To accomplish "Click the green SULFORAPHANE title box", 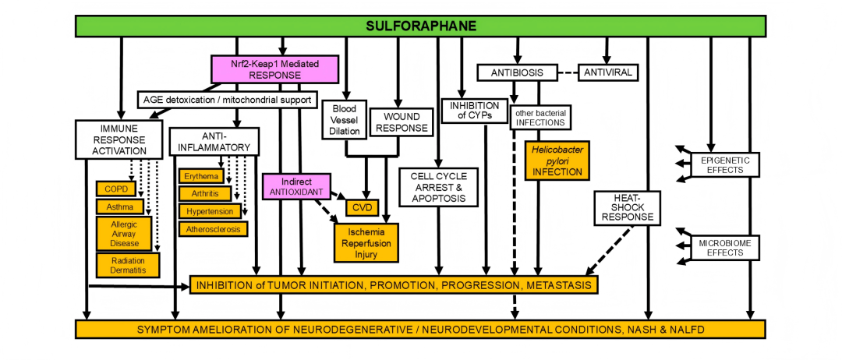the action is click(420, 26).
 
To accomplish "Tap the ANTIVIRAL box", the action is click(607, 72).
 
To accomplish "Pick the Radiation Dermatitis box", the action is click(128, 265).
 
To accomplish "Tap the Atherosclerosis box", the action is click(214, 229).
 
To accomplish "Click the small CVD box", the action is click(363, 207).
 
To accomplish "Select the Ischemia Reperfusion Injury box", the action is click(366, 242).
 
